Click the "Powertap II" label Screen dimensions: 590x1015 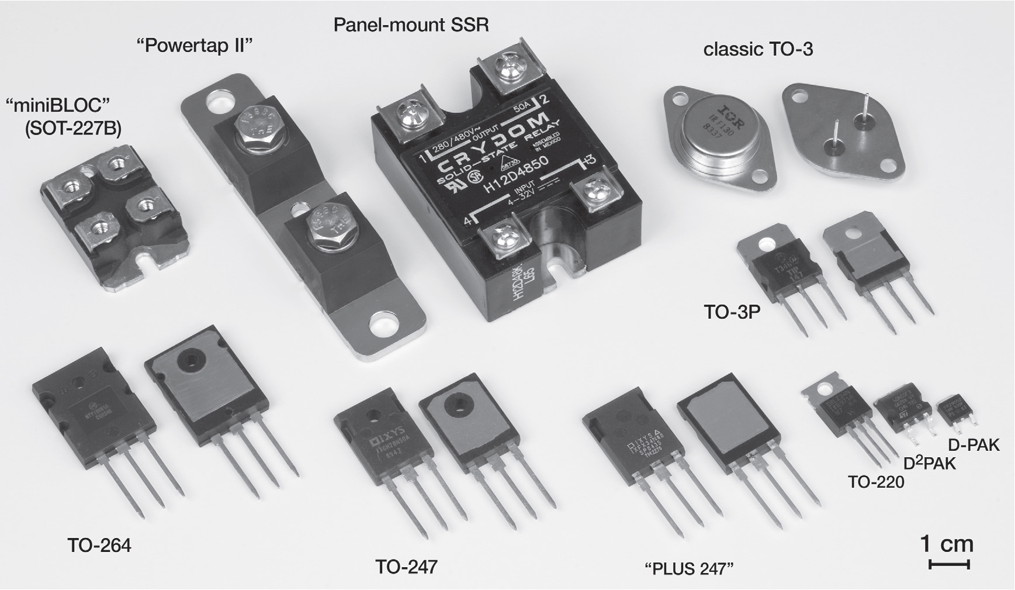193,46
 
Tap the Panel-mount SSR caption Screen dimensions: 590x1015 411,25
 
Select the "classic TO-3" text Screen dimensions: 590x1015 758,50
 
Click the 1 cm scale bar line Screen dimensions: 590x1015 948,565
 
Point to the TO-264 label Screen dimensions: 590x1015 99,546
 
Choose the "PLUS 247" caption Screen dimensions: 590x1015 688,568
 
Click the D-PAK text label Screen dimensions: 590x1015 974,446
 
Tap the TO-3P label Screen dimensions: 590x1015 732,312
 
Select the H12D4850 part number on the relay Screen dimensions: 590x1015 516,175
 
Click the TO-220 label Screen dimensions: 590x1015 876,482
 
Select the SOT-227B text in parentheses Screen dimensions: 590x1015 73,129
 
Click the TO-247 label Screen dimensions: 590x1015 406,567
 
